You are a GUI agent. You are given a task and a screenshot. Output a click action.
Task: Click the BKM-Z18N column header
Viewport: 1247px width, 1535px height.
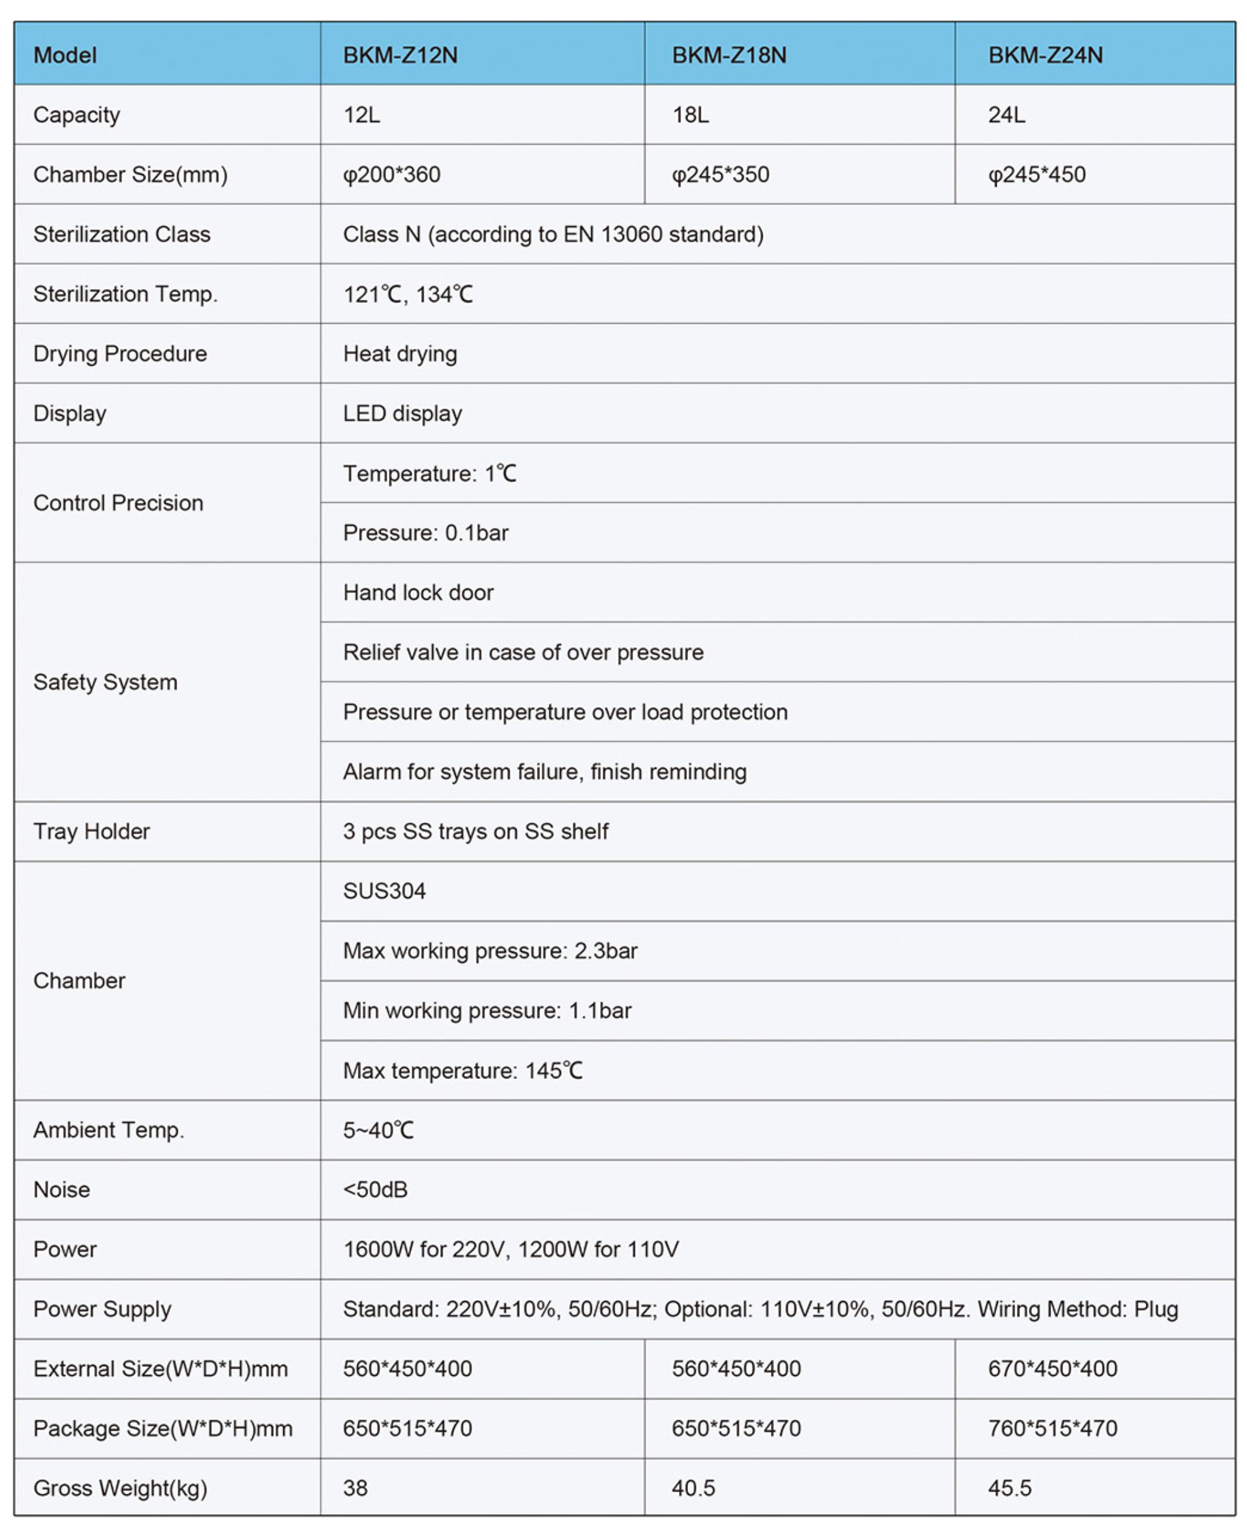pyautogui.click(x=728, y=55)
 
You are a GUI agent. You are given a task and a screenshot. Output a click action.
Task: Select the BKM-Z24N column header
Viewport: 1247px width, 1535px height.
pyautogui.click(x=1045, y=55)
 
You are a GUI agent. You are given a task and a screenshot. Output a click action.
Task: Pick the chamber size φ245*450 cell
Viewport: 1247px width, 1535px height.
pyautogui.click(x=1036, y=175)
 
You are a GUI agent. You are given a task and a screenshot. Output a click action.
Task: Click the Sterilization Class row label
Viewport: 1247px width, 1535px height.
pyautogui.click(x=122, y=234)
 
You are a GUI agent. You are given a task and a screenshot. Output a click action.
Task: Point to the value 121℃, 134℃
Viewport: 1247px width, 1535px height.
pyautogui.click(x=407, y=294)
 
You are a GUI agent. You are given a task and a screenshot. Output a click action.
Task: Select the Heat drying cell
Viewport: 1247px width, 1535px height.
pyautogui.click(x=400, y=354)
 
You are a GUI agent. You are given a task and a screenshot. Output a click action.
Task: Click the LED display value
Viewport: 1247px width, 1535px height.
pyautogui.click(x=402, y=413)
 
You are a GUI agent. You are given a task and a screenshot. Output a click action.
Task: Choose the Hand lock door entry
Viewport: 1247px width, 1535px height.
pyautogui.click(x=418, y=592)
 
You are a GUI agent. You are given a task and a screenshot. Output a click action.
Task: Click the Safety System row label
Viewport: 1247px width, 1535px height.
pyautogui.click(x=106, y=682)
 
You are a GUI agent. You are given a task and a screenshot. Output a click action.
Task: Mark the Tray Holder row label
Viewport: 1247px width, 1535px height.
pyautogui.click(x=92, y=831)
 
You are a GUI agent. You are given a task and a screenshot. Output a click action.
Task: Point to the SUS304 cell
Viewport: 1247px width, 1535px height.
pyautogui.click(x=384, y=891)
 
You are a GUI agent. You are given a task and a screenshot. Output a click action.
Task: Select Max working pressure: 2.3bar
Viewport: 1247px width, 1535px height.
pyautogui.click(x=490, y=951)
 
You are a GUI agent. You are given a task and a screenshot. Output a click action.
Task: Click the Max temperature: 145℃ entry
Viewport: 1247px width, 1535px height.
pyautogui.click(x=463, y=1070)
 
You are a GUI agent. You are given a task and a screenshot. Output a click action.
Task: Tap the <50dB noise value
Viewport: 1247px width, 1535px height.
pyautogui.click(x=375, y=1190)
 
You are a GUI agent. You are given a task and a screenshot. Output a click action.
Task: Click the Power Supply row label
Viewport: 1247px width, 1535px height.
pyautogui.click(x=102, y=1309)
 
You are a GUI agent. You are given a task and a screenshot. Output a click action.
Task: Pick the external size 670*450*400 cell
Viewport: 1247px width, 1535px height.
pyautogui.click(x=1052, y=1369)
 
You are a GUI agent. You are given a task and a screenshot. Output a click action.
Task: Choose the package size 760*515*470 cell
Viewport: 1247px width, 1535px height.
pyautogui.click(x=1052, y=1428)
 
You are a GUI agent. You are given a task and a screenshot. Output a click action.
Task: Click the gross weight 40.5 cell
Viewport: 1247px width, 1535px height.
pyautogui.click(x=693, y=1488)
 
